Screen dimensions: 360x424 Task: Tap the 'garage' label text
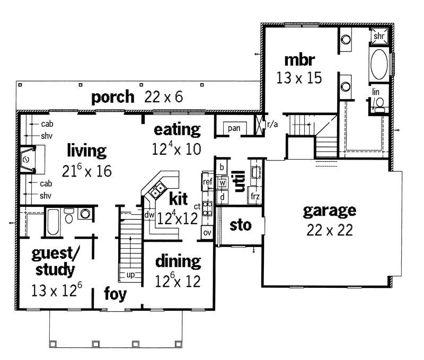[329, 210]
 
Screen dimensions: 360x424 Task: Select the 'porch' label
[112, 97]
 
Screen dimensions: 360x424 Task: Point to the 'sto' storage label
[240, 225]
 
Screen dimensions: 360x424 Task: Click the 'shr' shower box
[379, 37]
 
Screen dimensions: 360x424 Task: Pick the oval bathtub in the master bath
[378, 65]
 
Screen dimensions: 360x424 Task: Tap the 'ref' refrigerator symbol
[207, 182]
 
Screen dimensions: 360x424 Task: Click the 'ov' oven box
[207, 233]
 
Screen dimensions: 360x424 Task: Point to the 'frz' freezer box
[255, 196]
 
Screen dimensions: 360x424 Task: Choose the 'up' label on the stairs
[129, 275]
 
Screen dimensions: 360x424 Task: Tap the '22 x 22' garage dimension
[329, 230]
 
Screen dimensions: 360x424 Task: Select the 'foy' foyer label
[114, 293]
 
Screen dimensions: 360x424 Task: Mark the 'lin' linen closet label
[376, 92]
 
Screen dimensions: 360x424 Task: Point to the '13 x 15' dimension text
[299, 78]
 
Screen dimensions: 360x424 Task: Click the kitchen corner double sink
[157, 189]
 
